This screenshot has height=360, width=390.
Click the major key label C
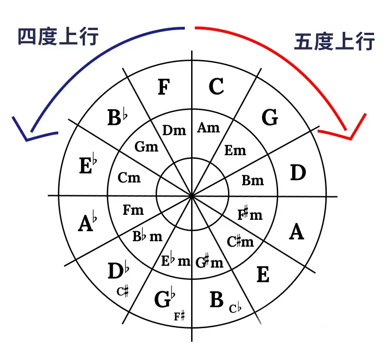216,86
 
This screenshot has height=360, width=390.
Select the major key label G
270,118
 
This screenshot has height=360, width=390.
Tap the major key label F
163,87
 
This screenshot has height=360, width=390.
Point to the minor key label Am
208,128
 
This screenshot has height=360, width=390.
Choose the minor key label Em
235,150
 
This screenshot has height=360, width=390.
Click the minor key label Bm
253,180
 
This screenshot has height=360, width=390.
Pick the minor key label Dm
174,131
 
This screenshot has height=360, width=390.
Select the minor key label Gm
147,147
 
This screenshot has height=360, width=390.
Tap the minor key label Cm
129,177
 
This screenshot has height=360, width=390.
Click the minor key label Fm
133,210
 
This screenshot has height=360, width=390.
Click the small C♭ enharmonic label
235,309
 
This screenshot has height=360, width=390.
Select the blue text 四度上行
58,37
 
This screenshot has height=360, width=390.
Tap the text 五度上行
334,41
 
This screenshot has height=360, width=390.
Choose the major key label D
298,173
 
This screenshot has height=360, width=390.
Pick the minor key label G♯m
209,262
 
